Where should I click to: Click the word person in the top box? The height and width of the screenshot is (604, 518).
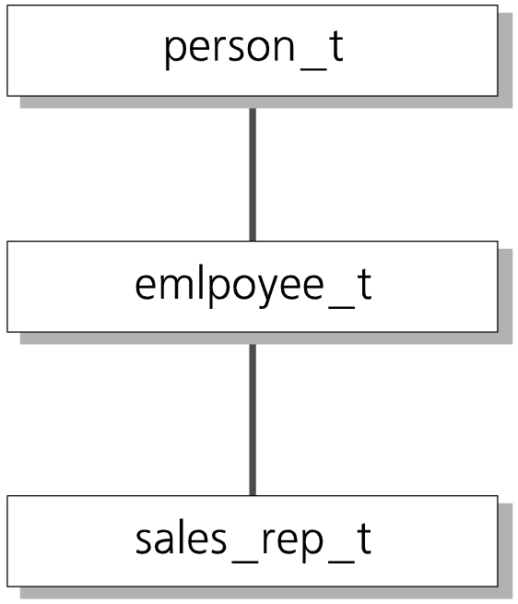click(x=230, y=49)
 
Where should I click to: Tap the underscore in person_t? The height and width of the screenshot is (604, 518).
click(x=313, y=69)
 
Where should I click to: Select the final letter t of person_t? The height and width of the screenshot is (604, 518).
click(x=336, y=46)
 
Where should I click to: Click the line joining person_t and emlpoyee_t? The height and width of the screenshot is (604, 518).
click(x=253, y=174)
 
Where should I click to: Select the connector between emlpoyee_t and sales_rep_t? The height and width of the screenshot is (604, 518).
click(x=253, y=420)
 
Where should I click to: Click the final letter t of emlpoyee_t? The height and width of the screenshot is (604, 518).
click(x=364, y=284)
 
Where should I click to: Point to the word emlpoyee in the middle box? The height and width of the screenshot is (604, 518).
click(x=230, y=286)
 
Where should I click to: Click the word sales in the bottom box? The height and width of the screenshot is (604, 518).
click(x=181, y=539)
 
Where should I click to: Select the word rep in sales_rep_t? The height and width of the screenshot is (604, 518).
click(x=292, y=543)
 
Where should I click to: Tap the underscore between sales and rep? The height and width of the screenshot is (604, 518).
click(x=244, y=562)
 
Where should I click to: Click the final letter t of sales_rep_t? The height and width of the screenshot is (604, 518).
click(x=364, y=539)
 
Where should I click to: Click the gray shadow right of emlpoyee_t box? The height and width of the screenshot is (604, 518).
click(x=505, y=296)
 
